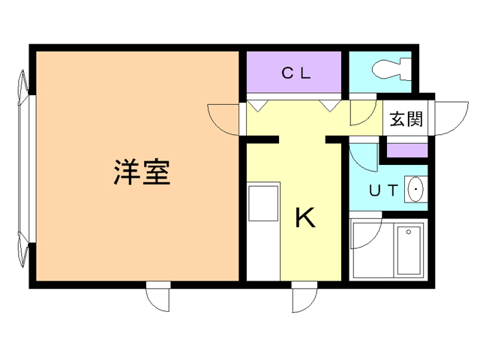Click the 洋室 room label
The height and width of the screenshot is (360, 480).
141,172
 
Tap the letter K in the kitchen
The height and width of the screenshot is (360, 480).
304,217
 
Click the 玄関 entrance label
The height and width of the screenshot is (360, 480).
405,119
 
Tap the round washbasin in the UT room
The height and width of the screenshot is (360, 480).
415,190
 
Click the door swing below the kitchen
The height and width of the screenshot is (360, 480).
303,299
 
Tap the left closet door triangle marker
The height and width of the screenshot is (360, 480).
256,104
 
